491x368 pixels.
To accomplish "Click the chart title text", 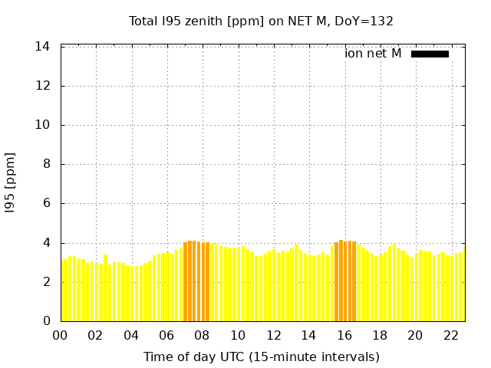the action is (261, 21).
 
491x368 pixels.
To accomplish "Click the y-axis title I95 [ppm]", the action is (10, 183).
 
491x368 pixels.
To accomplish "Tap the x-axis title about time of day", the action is (262, 356).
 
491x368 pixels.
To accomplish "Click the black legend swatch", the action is (430, 54).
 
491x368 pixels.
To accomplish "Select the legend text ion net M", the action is (373, 54).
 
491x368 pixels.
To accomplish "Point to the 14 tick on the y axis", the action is (42, 47).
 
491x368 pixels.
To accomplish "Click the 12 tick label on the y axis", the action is (42, 86).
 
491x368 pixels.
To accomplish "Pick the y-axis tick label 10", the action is (42, 125).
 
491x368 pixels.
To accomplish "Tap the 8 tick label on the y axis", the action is (46, 164).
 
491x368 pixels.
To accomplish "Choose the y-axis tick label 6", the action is (46, 203).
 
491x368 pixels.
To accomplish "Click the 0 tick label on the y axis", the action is (46, 320).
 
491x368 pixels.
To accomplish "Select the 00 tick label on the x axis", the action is (60, 336).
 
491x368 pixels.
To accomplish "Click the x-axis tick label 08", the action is (202, 336).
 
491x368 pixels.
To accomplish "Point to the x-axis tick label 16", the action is (344, 336).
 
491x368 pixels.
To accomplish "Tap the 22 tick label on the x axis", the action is (451, 336).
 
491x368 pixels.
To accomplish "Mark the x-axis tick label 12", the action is (273, 336).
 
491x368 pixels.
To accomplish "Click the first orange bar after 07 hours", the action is (186, 281).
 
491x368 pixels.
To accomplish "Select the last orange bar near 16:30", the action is (354, 281).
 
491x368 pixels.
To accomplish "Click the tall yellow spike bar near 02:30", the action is (106, 288).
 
